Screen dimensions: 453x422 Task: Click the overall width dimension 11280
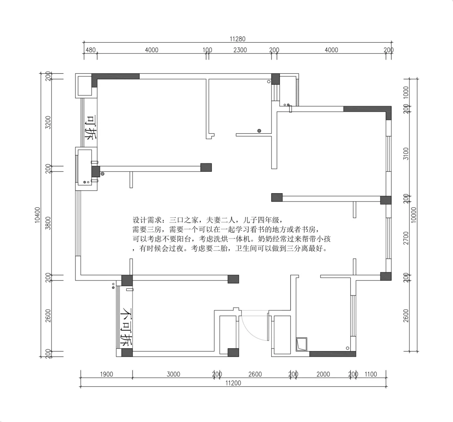click(x=237, y=39)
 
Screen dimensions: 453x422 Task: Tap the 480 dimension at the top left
click(x=90, y=50)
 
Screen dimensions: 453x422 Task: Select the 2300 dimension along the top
click(x=240, y=50)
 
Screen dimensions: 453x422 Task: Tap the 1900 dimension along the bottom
click(x=107, y=374)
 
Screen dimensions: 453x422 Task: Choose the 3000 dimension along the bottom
click(x=173, y=374)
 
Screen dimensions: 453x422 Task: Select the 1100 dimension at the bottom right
click(x=371, y=374)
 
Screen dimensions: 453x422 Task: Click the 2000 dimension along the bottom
click(x=323, y=374)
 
